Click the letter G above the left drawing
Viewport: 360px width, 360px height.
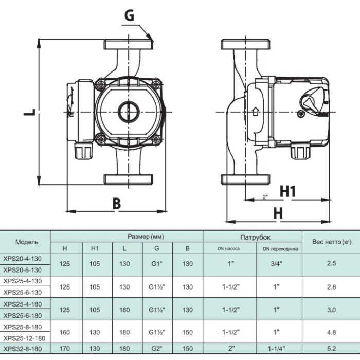coord(129,15)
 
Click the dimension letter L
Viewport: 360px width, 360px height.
coord(30,112)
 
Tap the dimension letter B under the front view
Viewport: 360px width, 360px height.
coord(117,203)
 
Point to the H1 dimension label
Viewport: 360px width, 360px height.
coord(287,191)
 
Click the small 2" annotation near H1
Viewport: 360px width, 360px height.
coord(265,197)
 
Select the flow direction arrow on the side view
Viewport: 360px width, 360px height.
coord(255,112)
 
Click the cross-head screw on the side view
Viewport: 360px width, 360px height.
coord(301,114)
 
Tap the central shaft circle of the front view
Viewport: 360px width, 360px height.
coord(129,112)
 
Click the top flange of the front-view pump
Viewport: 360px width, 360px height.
coord(129,44)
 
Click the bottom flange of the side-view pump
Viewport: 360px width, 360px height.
coord(245,179)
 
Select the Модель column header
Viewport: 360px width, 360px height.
coord(27,242)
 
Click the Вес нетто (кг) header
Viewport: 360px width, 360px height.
coord(332,242)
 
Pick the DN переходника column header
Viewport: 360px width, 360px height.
coord(281,249)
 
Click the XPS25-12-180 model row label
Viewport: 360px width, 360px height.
coord(24,338)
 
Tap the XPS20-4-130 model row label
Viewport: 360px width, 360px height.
coord(22,259)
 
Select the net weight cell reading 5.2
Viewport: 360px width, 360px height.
coord(332,349)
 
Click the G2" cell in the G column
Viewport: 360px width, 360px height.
coord(157,349)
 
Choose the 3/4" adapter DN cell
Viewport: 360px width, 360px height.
coord(277,263)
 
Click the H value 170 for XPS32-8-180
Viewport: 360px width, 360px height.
coord(64,349)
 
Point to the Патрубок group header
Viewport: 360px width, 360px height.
coord(255,237)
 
